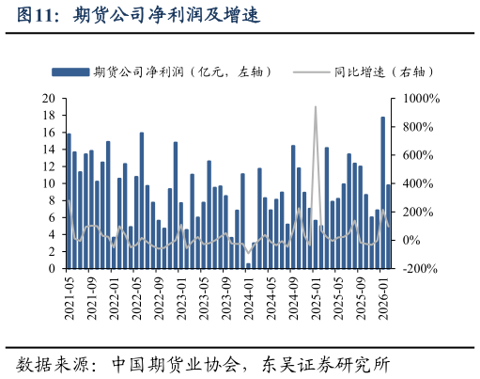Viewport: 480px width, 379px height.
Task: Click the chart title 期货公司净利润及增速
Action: [x=165, y=16]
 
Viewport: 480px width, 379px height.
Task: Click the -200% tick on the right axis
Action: [x=418, y=269]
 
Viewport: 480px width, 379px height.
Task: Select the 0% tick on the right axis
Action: [x=411, y=241]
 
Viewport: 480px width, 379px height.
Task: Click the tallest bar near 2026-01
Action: [x=382, y=193]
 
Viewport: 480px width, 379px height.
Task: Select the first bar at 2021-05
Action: [x=69, y=201]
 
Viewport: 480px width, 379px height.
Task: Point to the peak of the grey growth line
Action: [x=315, y=107]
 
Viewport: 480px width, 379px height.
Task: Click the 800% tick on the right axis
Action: [x=415, y=127]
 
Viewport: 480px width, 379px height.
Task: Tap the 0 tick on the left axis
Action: [x=51, y=269]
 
